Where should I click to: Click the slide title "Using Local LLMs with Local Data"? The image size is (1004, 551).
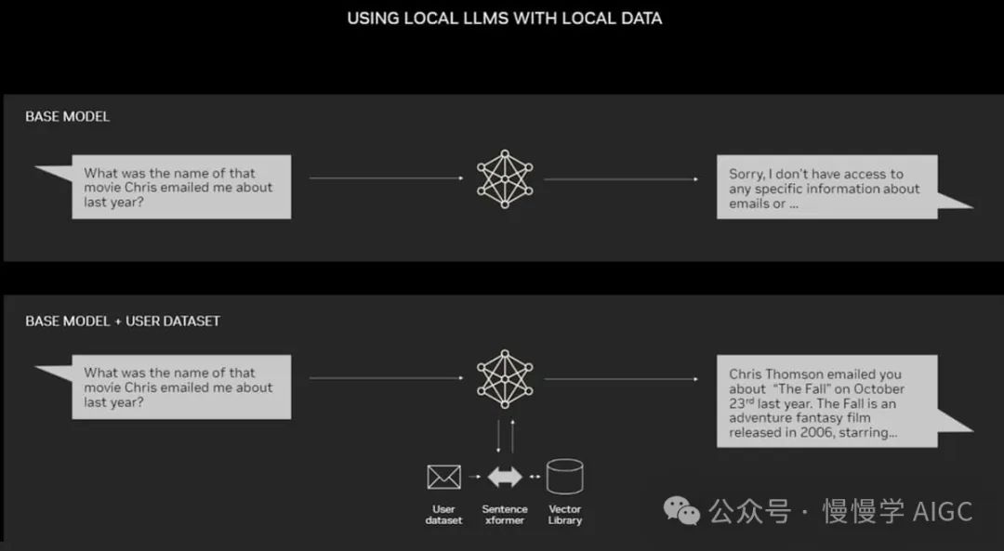click(x=504, y=19)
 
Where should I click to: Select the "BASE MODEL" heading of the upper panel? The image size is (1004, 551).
click(x=67, y=117)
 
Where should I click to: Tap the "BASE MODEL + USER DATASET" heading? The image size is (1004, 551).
click(x=123, y=321)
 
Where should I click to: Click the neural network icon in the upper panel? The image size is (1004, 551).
click(x=505, y=179)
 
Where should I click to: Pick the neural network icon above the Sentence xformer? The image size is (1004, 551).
click(x=505, y=379)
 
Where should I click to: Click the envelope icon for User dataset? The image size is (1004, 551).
click(x=443, y=477)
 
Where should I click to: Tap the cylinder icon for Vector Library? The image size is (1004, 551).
click(x=564, y=477)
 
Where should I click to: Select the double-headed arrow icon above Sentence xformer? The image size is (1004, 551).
click(x=505, y=477)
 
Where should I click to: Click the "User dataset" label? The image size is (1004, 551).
click(x=443, y=515)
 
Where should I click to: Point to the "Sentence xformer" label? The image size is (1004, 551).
click(x=505, y=515)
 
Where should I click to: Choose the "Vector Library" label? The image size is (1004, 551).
click(x=564, y=515)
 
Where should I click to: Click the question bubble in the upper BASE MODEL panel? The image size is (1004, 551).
click(x=181, y=187)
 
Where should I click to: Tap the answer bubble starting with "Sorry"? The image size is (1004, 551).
click(x=826, y=188)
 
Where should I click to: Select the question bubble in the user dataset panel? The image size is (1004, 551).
click(x=181, y=387)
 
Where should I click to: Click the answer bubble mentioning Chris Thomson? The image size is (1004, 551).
click(x=826, y=402)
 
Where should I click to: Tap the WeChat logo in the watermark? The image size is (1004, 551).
click(x=681, y=509)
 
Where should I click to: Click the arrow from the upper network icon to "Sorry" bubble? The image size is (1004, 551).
click(x=621, y=179)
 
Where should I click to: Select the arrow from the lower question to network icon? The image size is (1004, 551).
click(x=386, y=378)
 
